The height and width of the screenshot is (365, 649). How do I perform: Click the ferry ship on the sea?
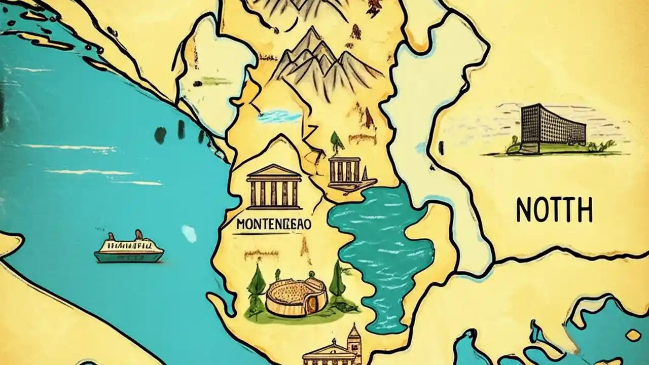click(129, 249)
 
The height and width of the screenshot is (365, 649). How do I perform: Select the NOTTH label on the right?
click(554, 209)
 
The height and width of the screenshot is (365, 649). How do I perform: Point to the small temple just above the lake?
click(345, 170)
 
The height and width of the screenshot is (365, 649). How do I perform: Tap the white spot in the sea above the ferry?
click(189, 234)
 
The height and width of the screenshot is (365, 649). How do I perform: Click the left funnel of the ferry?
click(111, 236)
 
